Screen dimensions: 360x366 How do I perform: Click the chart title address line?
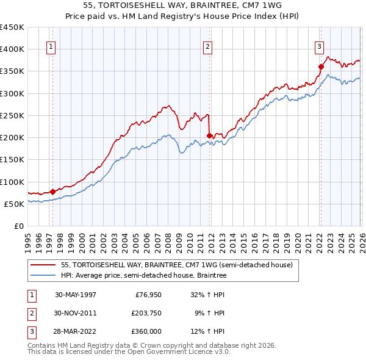pyautogui.click(x=183, y=5)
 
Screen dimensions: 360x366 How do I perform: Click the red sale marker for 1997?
pyautogui.click(x=53, y=192)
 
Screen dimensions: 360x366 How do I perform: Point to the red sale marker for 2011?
pyautogui.click(x=210, y=135)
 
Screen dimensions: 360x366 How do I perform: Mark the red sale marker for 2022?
pyautogui.click(x=321, y=67)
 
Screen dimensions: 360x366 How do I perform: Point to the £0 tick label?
pyautogui.click(x=18, y=226)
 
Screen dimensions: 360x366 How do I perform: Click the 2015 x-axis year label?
pyautogui.click(x=243, y=240)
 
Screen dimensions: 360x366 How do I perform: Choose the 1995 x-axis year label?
pyautogui.click(x=28, y=240)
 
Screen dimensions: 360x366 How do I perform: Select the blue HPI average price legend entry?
pyautogui.click(x=143, y=276)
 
